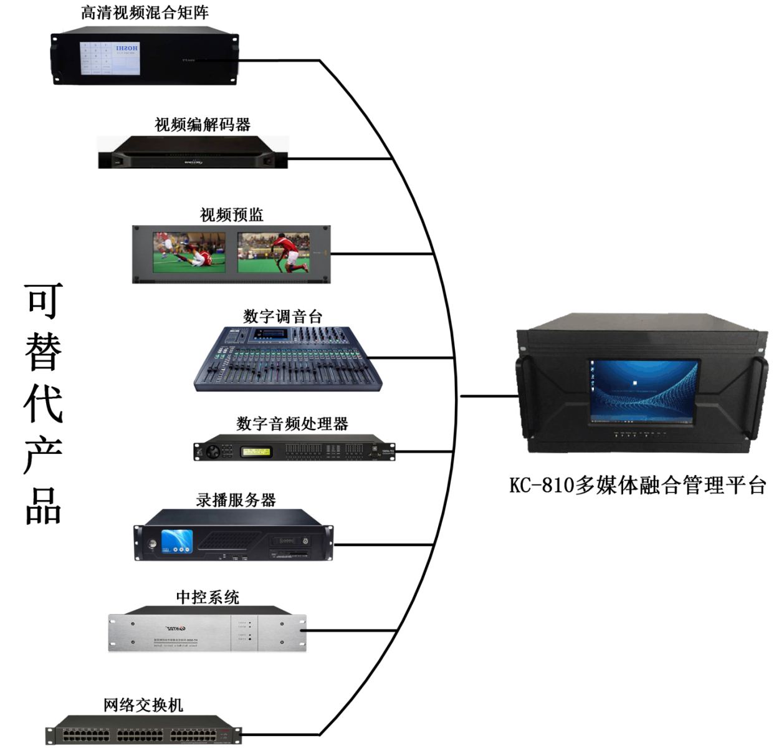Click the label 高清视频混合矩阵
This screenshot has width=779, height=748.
pos(145,12)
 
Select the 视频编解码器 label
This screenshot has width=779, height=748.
pos(203,125)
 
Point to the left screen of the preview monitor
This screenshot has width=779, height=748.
pos(189,254)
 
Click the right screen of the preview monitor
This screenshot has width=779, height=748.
pos(274,254)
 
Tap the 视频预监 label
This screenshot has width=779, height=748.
pos(232,215)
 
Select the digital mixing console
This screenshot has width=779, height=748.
pos(286,358)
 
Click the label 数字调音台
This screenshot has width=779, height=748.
pos(283,316)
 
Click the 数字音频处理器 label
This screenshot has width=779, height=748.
pos(292,424)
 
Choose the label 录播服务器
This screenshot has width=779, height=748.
pos(236,500)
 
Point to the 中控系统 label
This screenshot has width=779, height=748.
pos(208,597)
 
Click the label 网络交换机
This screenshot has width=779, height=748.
pos(143,705)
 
